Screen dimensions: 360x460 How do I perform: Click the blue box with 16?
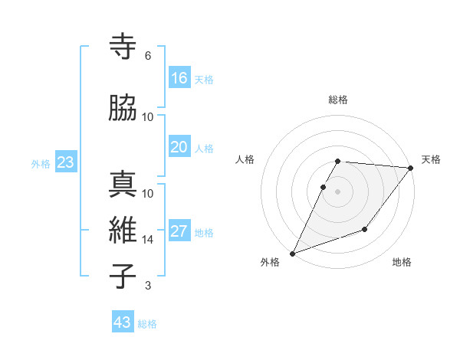pos(179,78)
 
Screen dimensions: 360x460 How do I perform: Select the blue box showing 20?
pos(179,147)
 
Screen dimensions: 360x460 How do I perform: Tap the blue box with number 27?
pos(179,231)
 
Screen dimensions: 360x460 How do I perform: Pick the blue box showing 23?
pos(65,162)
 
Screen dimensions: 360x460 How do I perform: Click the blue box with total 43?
pos(123,322)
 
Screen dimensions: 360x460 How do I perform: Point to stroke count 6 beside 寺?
pos(148,56)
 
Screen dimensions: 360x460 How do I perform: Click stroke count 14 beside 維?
pos(148,240)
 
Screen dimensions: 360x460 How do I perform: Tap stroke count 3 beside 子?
pos(148,286)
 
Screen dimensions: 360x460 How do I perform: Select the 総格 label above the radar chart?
pos(338,100)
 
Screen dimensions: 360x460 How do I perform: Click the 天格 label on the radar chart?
pos(431,159)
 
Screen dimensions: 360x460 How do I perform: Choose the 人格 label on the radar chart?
pos(245,159)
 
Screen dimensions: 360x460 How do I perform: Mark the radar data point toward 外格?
pos(292,254)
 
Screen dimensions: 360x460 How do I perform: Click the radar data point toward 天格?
pos(411,168)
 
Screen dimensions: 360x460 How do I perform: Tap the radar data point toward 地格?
pos(365,229)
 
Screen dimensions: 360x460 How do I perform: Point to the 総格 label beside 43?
pos(147,324)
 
